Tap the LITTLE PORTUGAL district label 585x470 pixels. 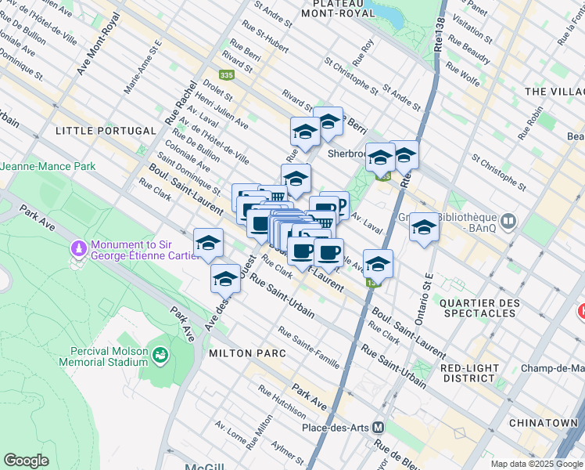105,130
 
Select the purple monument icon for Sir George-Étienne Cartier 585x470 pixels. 77,248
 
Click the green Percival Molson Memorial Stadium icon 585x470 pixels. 160,355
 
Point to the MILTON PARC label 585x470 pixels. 240,353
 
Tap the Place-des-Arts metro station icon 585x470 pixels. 378,427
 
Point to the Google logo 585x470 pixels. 27,460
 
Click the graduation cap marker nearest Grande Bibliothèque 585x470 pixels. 424,227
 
